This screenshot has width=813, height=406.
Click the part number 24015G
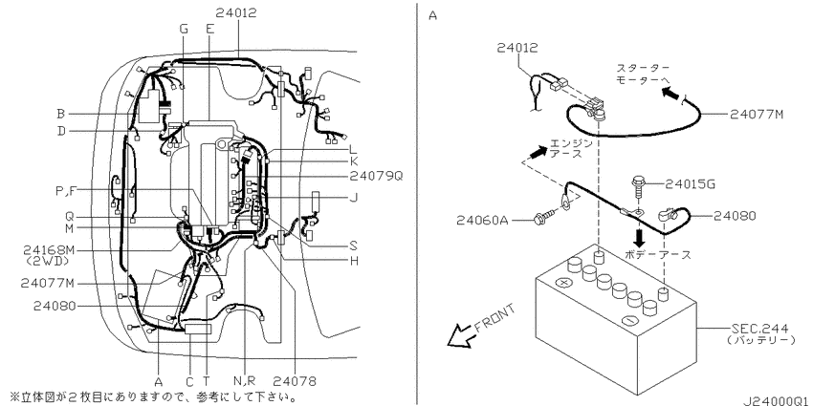click(691, 183)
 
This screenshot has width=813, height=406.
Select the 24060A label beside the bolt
click(482, 221)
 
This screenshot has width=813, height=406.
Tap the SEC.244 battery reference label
click(759, 329)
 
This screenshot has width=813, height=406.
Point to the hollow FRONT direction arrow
click(459, 336)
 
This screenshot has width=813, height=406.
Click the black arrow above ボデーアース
click(639, 238)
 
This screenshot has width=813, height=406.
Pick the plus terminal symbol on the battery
click(562, 284)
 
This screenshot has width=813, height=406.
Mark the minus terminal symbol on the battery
click(629, 321)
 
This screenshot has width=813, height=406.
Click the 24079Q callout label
click(377, 176)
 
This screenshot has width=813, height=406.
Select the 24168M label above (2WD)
click(49, 250)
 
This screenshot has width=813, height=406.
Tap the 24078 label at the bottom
click(295, 382)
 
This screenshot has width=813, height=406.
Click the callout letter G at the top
click(184, 29)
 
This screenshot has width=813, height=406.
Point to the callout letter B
click(61, 114)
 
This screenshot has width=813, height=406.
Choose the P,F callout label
click(66, 190)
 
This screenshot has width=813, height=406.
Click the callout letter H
click(354, 261)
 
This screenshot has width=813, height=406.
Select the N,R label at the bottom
click(244, 382)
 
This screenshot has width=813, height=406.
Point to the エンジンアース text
click(568, 148)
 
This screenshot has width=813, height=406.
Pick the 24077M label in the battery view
click(757, 114)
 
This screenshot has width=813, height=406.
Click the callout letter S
click(354, 246)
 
